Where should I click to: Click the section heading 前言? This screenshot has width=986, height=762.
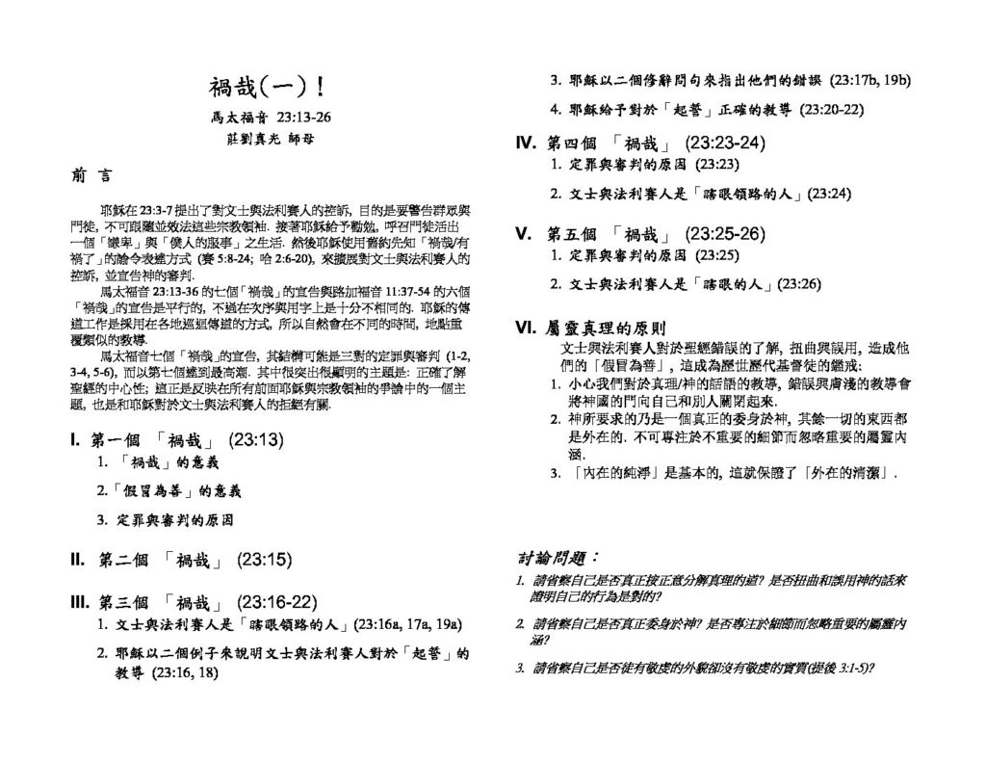tap(91, 176)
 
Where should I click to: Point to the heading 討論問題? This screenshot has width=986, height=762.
tap(559, 559)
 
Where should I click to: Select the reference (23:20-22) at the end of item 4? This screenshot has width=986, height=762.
tap(831, 109)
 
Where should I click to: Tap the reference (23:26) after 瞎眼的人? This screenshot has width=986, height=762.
tap(801, 284)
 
